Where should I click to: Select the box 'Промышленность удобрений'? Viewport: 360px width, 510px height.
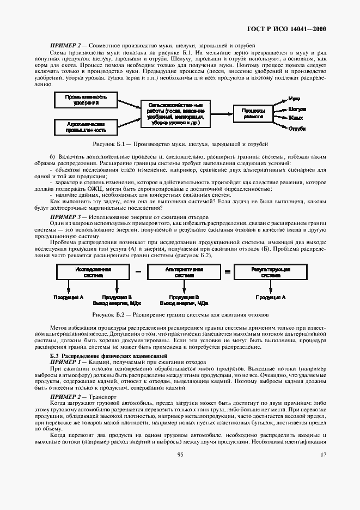click(x=85, y=99)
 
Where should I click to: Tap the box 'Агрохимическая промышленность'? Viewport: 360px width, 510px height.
click(x=85, y=127)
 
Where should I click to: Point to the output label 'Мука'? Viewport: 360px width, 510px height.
click(x=295, y=98)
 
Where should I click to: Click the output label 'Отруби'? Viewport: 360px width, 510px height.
click(x=297, y=129)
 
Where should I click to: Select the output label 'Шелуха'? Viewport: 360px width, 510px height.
click(x=297, y=108)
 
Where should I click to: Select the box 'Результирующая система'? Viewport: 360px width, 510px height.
click(x=271, y=272)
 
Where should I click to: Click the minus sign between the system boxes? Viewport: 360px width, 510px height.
click(x=138, y=271)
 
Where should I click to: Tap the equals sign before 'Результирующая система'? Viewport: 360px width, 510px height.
click(x=228, y=271)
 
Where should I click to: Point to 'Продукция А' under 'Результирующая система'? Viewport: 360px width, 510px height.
click(x=271, y=297)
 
